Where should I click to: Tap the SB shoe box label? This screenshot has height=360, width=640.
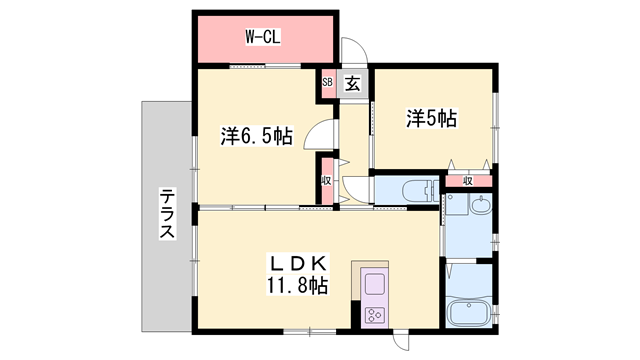(327, 83)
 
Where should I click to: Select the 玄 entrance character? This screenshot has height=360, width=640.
(353, 84)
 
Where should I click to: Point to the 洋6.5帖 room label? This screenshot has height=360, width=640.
(256, 134)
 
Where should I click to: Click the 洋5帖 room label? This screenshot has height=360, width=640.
(431, 118)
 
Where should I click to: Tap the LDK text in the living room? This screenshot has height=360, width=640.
(297, 263)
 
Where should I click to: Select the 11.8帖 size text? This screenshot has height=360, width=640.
(297, 286)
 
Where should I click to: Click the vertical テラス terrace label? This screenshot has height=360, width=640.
(167, 215)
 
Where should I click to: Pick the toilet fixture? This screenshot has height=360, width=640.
(413, 190)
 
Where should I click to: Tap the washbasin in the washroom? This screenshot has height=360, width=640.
(481, 208)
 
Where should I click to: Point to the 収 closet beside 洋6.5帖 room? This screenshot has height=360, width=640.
(327, 181)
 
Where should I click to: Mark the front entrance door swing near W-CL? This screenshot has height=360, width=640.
(353, 52)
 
